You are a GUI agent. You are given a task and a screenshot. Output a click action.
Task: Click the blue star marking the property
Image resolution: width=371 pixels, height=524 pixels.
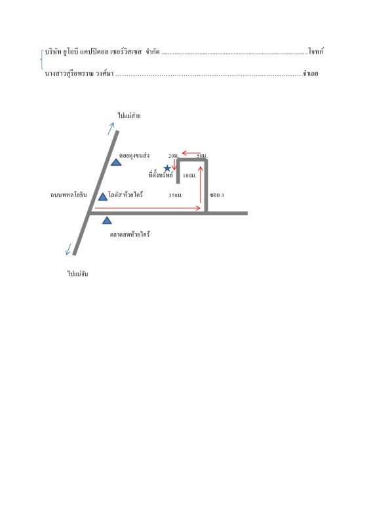(x=167, y=168)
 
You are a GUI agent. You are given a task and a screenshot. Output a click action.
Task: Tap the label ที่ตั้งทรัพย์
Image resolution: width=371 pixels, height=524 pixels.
(x=161, y=174)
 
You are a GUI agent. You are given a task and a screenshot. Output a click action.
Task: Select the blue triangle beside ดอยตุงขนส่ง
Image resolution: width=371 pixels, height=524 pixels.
(x=116, y=162)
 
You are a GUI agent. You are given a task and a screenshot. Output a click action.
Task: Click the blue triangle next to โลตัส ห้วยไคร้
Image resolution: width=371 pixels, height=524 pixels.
(x=103, y=196)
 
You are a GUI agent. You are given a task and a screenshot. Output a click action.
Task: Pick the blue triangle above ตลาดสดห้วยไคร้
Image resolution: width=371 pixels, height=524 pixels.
(x=107, y=220)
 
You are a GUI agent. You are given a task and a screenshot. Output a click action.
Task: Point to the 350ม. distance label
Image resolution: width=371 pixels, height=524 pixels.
(x=176, y=195)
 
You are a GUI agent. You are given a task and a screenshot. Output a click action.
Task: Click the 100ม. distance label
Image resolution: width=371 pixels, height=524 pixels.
(x=189, y=176)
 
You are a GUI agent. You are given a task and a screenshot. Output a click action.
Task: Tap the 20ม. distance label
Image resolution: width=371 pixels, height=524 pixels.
(x=174, y=156)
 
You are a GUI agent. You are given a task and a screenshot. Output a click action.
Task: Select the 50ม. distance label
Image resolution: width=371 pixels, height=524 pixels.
(x=202, y=156)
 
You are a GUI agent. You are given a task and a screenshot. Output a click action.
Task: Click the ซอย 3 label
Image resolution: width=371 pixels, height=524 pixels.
(x=217, y=195)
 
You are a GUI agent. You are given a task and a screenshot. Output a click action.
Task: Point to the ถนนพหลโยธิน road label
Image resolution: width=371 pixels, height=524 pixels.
(x=69, y=195)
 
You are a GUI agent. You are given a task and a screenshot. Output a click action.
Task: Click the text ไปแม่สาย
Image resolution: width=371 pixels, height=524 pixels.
(x=129, y=115)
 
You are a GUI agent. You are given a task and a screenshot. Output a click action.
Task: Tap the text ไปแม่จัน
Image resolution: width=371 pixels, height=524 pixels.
(x=77, y=274)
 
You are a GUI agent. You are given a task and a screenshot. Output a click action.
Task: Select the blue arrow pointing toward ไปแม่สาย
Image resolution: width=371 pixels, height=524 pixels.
(x=111, y=128)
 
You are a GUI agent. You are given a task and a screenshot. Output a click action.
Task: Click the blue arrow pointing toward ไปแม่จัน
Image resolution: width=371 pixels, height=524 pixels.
(x=68, y=250)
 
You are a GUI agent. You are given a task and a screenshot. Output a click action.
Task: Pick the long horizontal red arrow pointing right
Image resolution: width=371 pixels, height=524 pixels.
(x=147, y=208)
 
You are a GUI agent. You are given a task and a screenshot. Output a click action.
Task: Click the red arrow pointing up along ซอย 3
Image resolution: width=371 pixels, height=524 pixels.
(x=201, y=185)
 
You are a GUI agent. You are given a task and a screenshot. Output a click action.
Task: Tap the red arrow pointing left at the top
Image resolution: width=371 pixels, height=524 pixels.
(x=191, y=154)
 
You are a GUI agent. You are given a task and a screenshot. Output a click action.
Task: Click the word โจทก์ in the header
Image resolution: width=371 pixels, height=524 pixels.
(x=316, y=52)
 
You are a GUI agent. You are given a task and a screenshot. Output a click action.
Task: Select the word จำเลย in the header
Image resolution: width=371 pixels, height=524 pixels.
(x=311, y=73)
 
